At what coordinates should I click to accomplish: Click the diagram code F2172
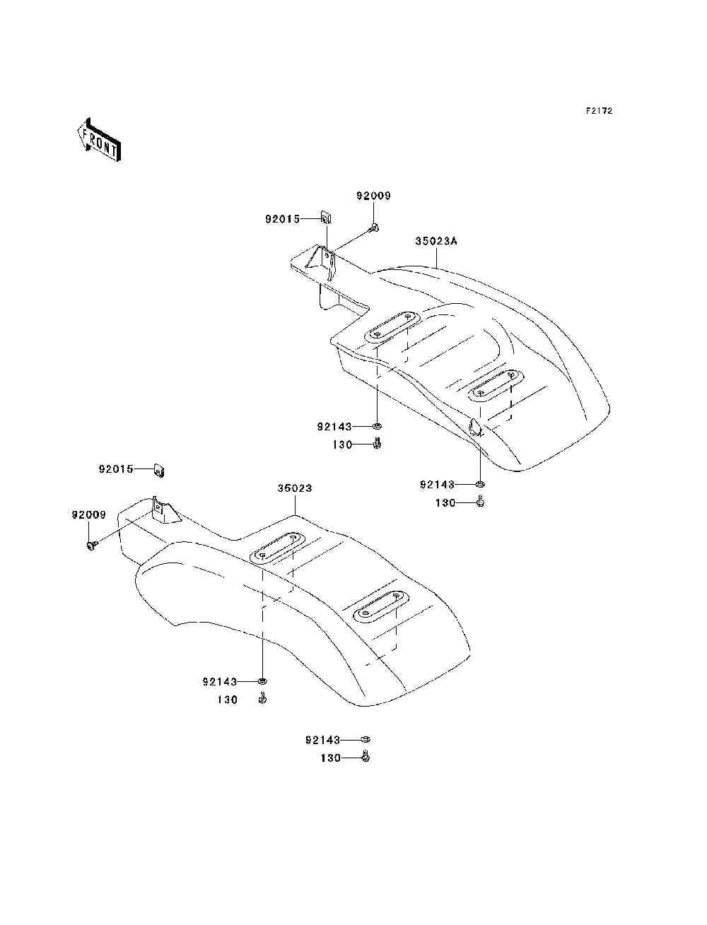coord(598,111)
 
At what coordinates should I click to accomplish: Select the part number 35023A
coord(436,241)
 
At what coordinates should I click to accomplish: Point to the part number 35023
coord(294,488)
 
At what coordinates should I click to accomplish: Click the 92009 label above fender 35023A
coord(373,196)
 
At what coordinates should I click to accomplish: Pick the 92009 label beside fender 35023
coord(88,514)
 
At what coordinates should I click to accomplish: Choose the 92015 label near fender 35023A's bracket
coord(283,219)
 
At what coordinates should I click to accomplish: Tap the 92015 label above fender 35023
coord(116,469)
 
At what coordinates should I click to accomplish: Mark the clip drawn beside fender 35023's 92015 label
coord(160,469)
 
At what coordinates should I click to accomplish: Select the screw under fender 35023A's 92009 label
coord(374,228)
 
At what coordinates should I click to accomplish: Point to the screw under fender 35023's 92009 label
coord(90,545)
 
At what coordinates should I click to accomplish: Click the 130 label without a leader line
coord(227,700)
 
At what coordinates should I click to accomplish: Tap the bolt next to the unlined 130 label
coord(262,699)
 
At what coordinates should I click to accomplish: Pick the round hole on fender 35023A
coord(474,427)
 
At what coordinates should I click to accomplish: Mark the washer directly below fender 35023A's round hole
coord(480,484)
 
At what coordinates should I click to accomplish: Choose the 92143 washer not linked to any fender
coord(366,739)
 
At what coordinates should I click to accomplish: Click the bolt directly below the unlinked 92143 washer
coord(366,758)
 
